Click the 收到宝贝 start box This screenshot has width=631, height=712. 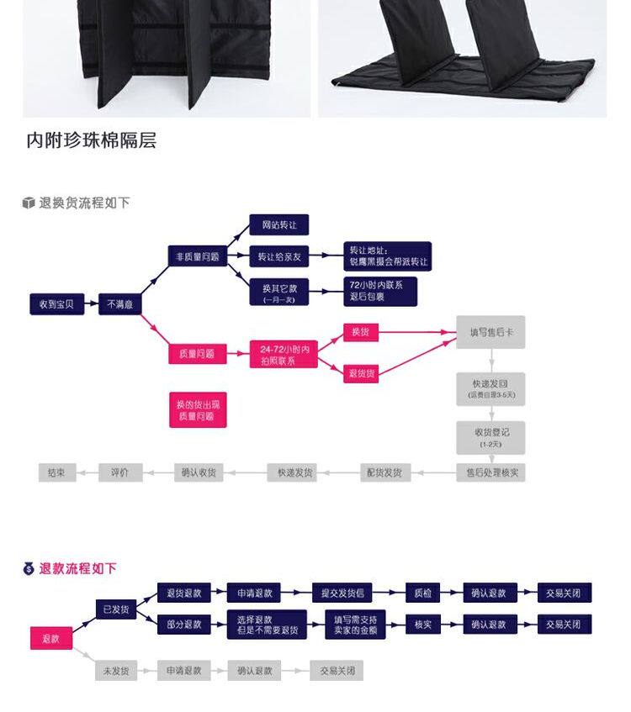[57, 304]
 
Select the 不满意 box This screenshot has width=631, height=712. [119, 304]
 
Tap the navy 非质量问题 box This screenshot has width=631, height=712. [198, 256]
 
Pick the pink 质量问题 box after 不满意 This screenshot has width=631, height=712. [198, 354]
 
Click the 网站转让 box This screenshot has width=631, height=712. [279, 225]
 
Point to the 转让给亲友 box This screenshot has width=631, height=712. [279, 256]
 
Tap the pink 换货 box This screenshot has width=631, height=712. [361, 332]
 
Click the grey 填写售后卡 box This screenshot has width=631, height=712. [490, 332]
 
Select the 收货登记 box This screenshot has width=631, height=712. [490, 437]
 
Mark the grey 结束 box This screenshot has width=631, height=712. [57, 472]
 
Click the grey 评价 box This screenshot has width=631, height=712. [120, 472]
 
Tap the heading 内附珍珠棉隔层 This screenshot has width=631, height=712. [92, 140]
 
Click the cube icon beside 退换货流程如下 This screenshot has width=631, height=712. [29, 203]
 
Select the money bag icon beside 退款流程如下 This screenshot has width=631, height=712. [29, 569]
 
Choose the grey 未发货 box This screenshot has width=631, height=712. [116, 671]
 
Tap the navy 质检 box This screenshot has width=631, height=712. [422, 593]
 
